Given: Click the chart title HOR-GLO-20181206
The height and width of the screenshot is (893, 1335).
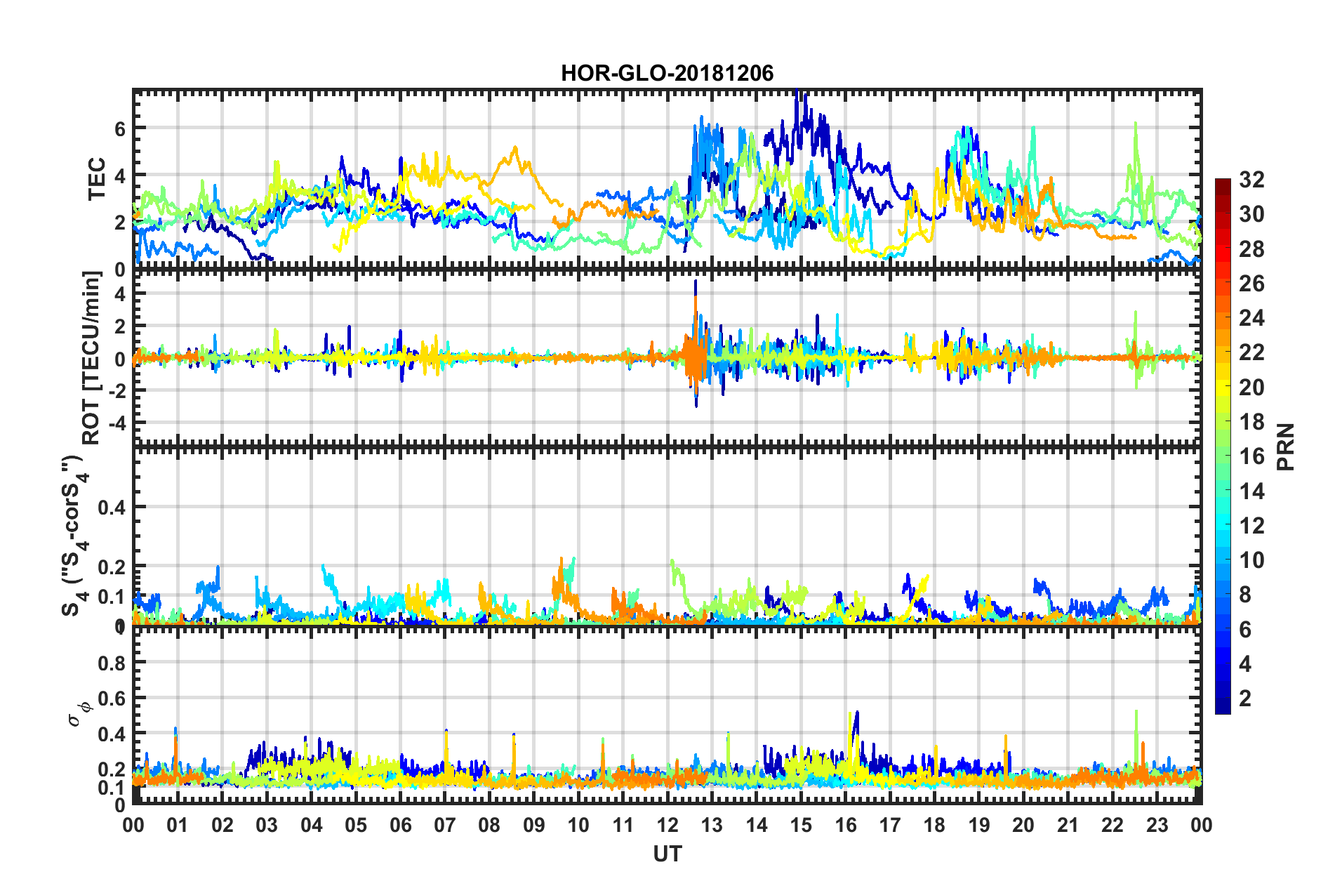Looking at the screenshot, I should coord(667,73).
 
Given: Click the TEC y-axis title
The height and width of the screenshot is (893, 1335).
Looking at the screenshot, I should coord(96,179).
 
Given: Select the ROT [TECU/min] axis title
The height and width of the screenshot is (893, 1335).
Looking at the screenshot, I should coord(91,357).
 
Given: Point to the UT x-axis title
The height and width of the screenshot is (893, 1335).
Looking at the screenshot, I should coord(667,853).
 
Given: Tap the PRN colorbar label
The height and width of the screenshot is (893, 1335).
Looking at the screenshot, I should coord(1285,446).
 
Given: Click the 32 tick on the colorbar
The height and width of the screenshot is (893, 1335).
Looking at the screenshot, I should coord(1251,180).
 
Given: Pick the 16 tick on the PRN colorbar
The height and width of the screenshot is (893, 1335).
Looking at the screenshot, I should coord(1251,456).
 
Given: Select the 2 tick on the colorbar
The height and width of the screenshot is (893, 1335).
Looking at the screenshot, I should coord(1245,698).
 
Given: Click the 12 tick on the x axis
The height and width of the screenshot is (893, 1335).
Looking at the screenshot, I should coord(667,825).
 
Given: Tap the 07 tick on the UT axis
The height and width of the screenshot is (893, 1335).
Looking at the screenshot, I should coord(444,825).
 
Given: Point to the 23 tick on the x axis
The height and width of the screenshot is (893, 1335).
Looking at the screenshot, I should coord(1157,825).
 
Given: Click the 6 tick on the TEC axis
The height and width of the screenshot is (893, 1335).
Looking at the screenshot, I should coord(120,128).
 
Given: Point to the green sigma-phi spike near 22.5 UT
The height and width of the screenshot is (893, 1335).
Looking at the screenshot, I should coord(1136,723).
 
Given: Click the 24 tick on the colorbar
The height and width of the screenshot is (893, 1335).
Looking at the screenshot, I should coord(1251,318).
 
